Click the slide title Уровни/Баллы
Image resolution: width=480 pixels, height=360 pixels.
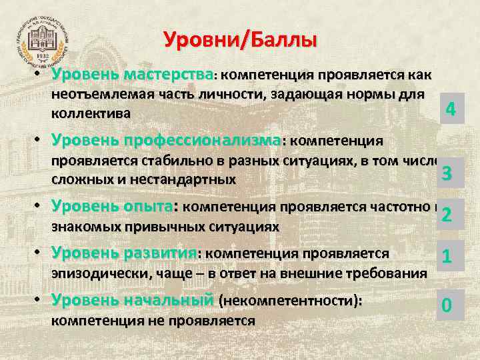(240, 40)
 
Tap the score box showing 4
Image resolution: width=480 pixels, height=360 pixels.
(450, 108)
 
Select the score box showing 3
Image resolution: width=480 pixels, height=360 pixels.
(447, 174)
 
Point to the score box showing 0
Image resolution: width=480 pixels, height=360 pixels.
(447, 305)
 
